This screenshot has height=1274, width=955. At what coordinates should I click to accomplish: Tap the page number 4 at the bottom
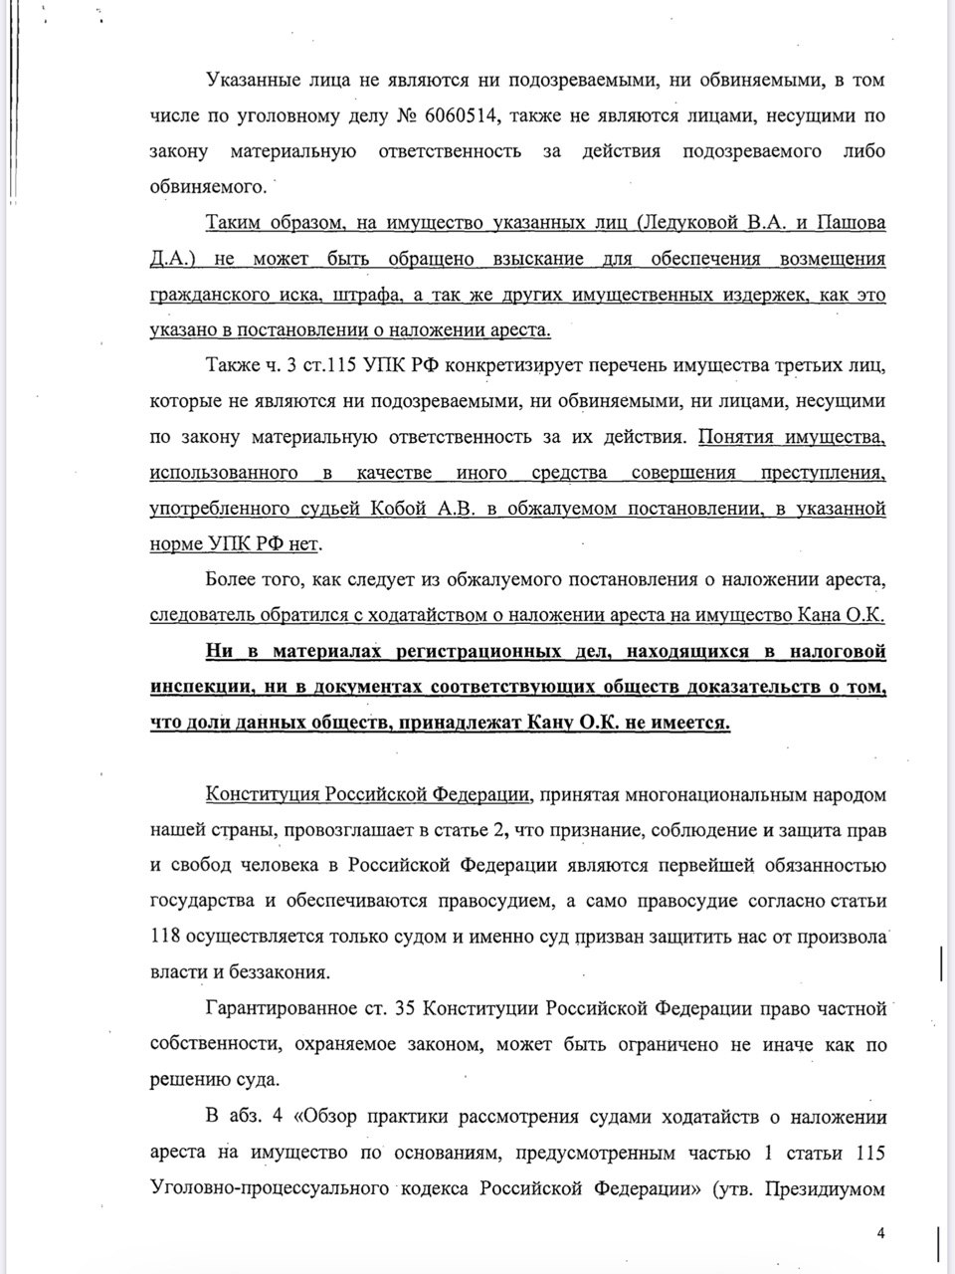click(x=880, y=1233)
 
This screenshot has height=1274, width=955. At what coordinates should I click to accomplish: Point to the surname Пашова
click(x=843, y=223)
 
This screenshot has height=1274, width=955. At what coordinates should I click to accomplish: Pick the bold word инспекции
click(x=193, y=688)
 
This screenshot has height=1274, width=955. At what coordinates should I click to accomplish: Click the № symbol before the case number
click(x=407, y=115)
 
